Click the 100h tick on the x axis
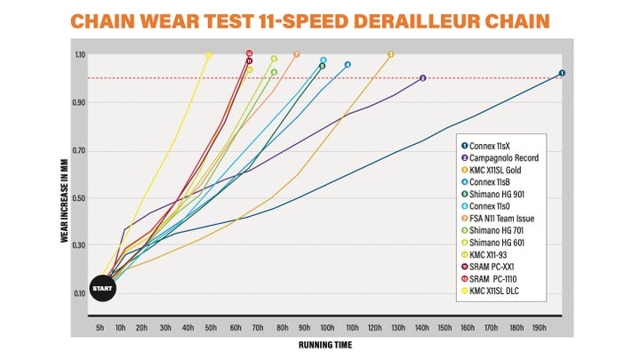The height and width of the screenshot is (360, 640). (x=328, y=328)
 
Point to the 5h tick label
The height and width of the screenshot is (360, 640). (x=100, y=328)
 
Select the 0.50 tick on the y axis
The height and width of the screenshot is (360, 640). (x=79, y=197)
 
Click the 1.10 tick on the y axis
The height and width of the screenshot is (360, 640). (x=79, y=55)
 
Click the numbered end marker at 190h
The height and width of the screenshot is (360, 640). (x=562, y=73)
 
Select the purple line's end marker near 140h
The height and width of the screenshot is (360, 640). (x=422, y=78)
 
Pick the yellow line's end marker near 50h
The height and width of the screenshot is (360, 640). (x=209, y=55)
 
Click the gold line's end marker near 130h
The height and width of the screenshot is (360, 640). (x=391, y=55)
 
